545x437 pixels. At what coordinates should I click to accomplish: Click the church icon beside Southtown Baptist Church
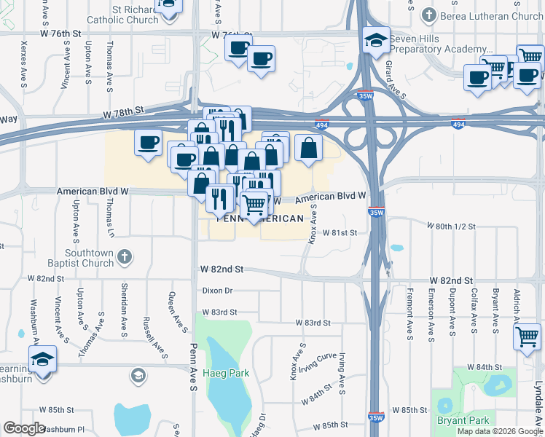(x=125, y=256)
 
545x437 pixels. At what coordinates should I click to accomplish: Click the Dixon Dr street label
(x=217, y=290)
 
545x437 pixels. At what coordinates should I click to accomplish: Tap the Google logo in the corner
(x=24, y=428)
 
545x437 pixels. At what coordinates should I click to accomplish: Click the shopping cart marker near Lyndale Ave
(x=526, y=336)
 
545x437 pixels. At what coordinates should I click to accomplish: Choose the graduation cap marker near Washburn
(x=42, y=359)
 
